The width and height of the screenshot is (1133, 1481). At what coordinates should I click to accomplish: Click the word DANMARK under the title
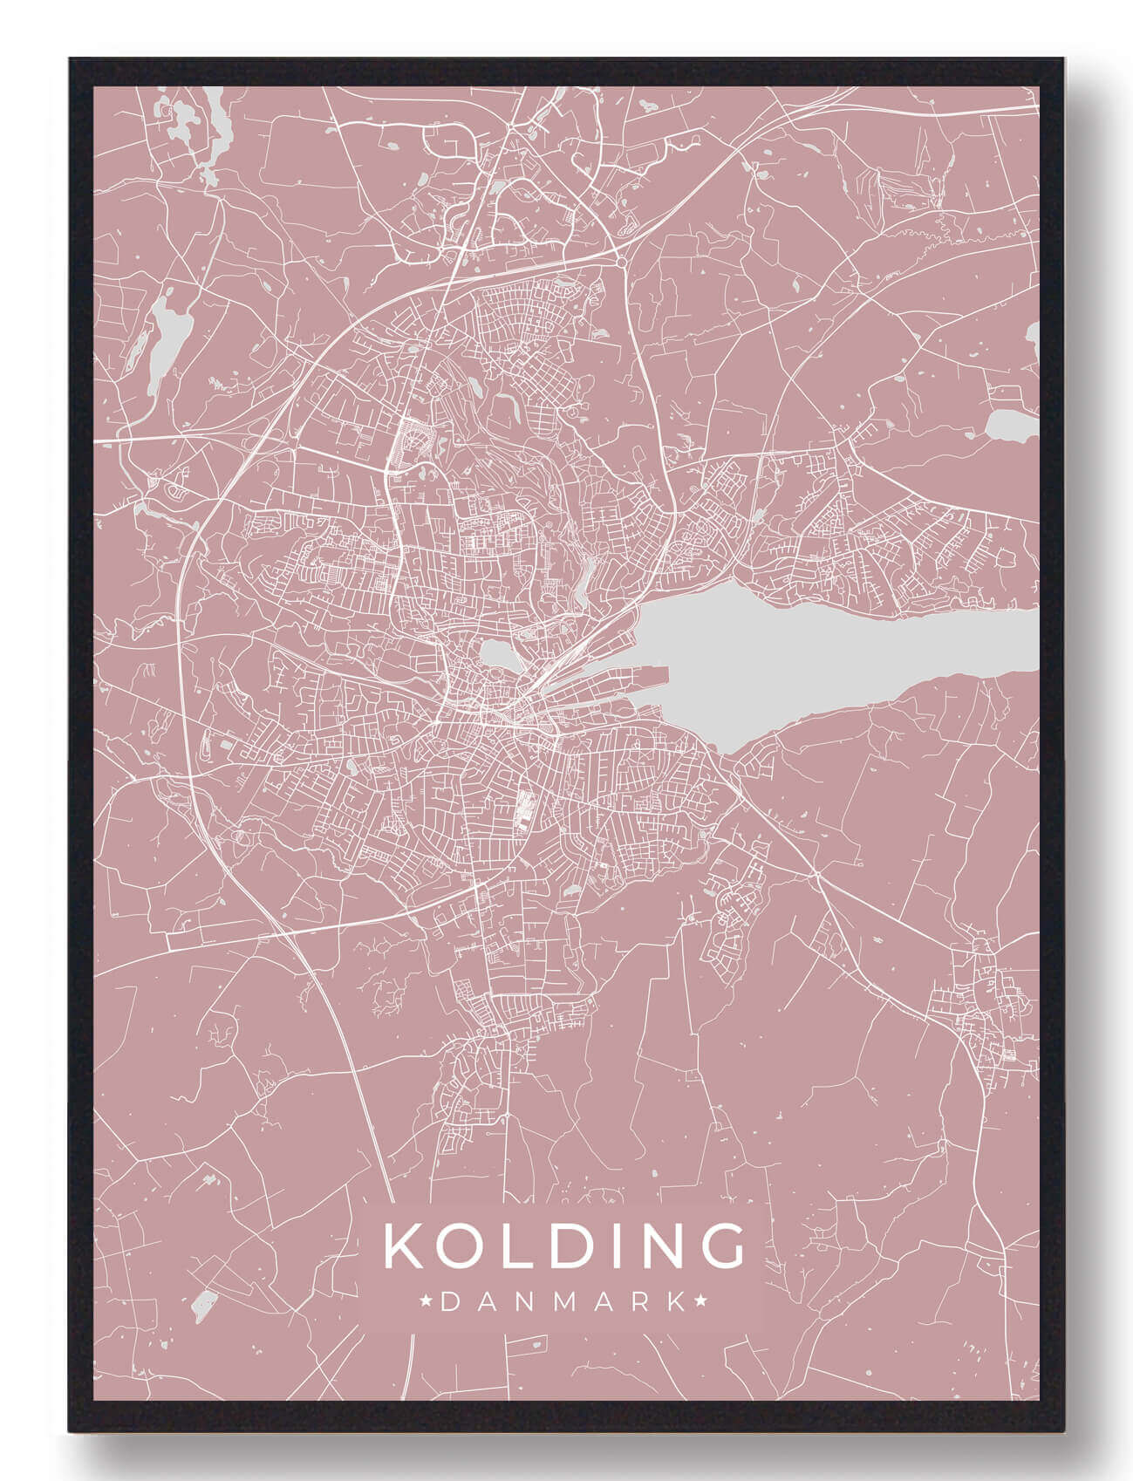563,1302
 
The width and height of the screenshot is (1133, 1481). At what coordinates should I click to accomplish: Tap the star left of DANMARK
427,1302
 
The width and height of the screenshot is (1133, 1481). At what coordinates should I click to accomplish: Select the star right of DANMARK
700,1302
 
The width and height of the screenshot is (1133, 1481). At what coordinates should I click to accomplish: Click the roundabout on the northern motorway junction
620,261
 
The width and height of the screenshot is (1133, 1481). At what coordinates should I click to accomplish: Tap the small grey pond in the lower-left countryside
203,1304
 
